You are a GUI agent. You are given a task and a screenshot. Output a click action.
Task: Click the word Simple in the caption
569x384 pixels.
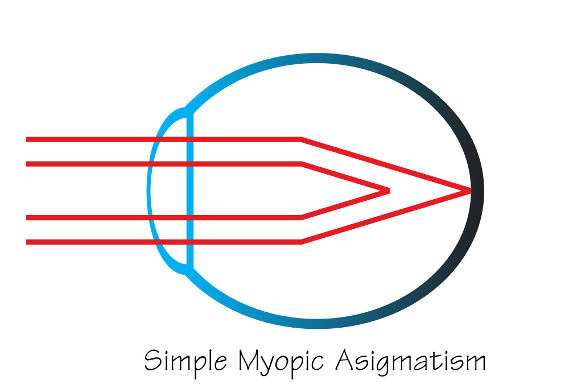coord(186,361)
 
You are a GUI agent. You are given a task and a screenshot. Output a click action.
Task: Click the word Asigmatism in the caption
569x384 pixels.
coord(410,361)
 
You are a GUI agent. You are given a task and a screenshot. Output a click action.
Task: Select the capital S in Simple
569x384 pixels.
coord(152,360)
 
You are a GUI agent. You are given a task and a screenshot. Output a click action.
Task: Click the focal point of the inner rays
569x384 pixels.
coord(389,191)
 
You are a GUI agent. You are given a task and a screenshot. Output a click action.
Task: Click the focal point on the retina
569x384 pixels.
coord(471,190)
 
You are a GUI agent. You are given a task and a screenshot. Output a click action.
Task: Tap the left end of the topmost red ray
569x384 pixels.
coord(27,139)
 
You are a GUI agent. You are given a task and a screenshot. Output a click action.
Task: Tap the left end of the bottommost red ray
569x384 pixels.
coord(27,242)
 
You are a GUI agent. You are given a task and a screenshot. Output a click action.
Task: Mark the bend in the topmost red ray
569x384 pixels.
coord(302,139)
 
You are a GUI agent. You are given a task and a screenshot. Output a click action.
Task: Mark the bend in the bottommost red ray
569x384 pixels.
coord(302,242)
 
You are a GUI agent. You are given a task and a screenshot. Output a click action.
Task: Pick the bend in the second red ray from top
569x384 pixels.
coord(302,164)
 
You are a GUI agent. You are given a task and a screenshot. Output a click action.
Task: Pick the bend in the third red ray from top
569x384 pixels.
coord(302,217)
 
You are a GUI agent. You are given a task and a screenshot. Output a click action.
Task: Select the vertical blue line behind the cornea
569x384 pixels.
coord(190,191)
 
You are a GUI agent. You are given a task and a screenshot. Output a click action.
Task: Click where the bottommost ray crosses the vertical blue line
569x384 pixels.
coord(190,242)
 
